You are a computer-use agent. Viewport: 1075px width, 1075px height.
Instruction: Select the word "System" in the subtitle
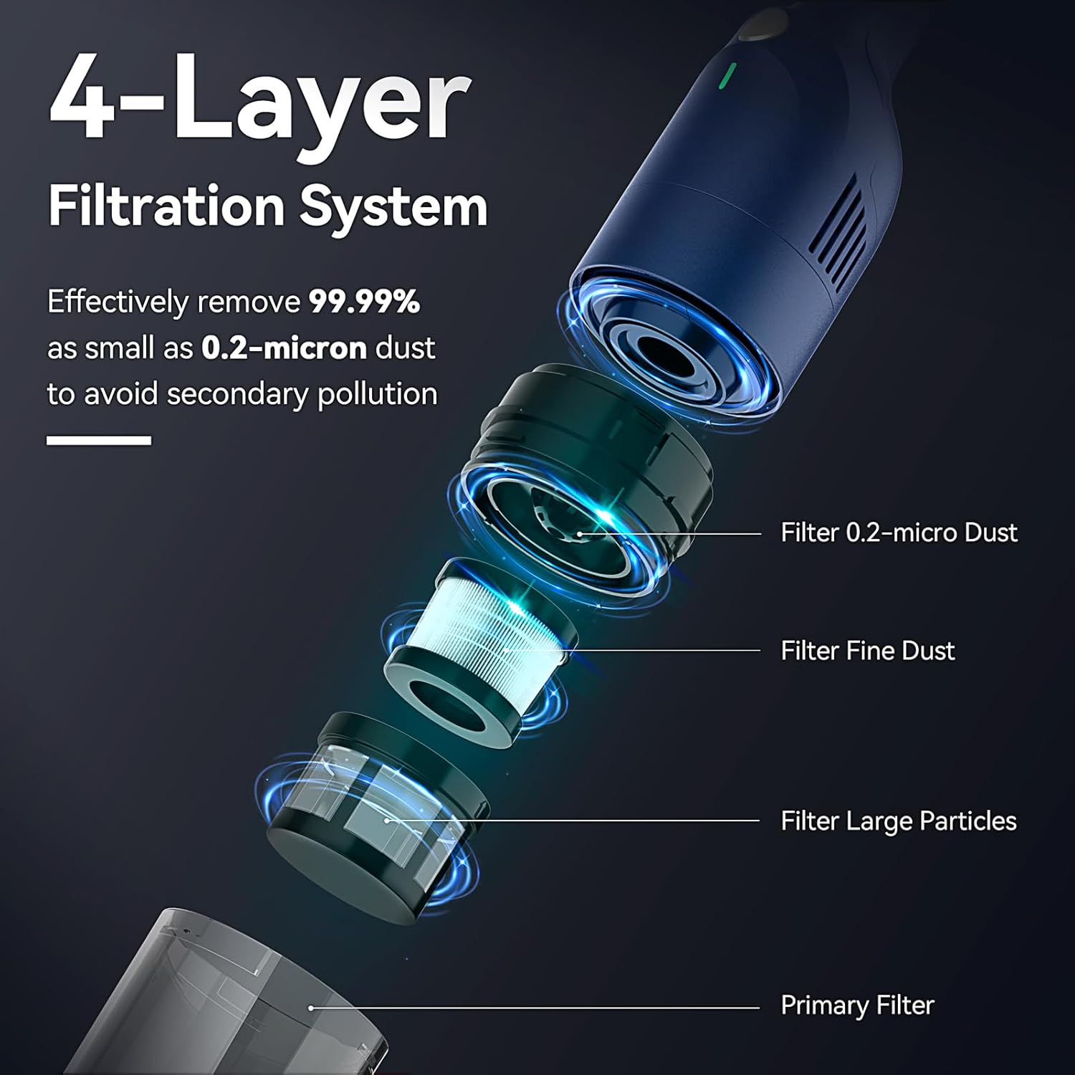click(393, 207)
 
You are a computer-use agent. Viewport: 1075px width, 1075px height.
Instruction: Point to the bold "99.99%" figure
click(364, 301)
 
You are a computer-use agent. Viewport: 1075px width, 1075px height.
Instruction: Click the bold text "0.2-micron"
click(284, 348)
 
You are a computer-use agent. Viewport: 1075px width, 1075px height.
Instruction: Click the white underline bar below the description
click(99, 440)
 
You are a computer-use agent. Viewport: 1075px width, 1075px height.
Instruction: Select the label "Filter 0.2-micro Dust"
click(899, 532)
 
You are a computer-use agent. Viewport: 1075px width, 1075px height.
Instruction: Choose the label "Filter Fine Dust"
click(867, 651)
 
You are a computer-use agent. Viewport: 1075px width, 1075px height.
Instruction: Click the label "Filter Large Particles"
click(898, 821)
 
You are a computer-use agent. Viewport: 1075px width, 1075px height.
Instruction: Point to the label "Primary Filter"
click(857, 1005)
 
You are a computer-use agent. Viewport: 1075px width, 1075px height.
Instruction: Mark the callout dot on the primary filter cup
click(311, 1008)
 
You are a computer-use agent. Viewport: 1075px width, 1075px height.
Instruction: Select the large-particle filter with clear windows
click(373, 810)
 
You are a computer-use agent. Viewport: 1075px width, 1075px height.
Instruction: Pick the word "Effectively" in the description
click(118, 302)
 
